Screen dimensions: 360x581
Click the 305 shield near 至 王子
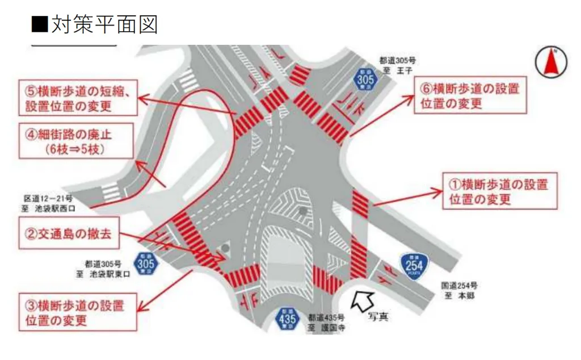coord(366,79)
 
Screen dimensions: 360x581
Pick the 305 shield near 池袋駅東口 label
coord(146,264)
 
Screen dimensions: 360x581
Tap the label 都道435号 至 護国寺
coord(325,323)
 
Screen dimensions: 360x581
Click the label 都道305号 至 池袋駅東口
coord(108,269)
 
